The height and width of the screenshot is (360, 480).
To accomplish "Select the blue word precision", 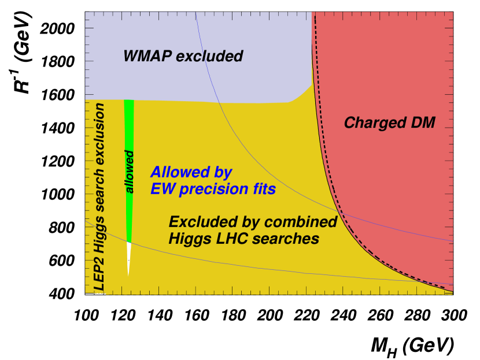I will [x=212, y=189].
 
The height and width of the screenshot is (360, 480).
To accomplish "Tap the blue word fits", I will [x=263, y=189].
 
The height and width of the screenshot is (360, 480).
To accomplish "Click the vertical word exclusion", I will [x=99, y=133].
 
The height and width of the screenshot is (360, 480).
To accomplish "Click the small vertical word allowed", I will [x=130, y=172].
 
